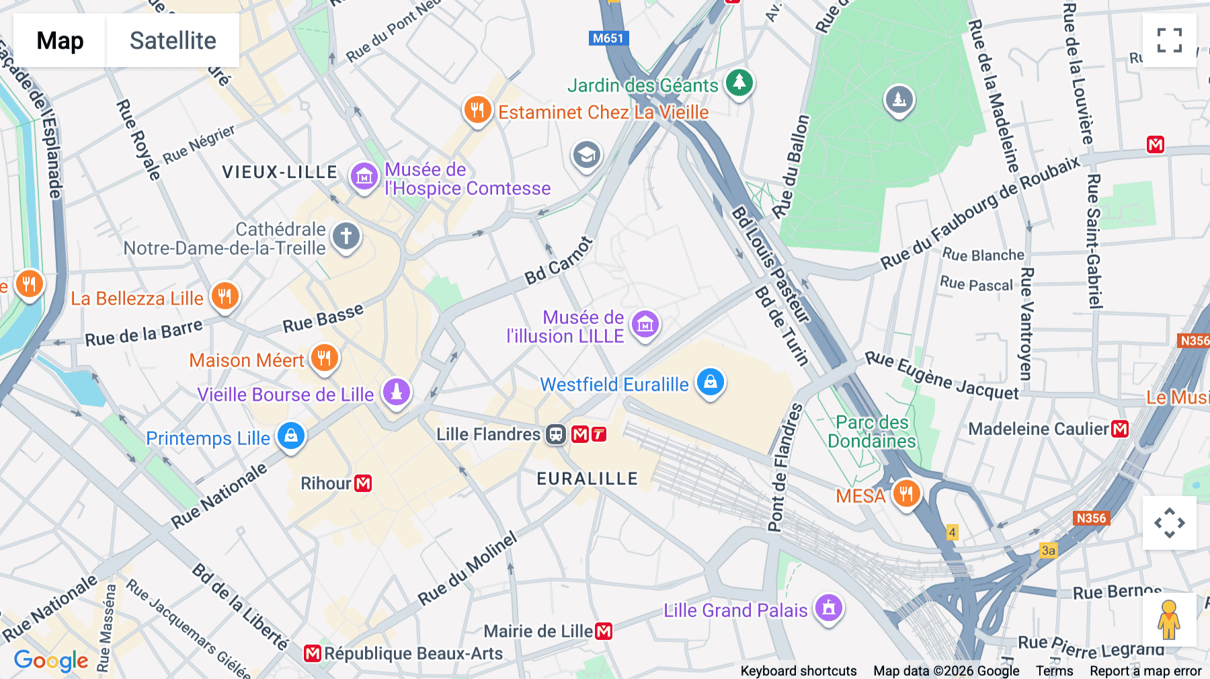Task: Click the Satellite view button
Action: tap(173, 40)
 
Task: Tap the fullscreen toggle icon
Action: tap(1169, 40)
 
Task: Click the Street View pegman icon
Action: tap(1169, 619)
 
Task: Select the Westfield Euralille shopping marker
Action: tap(710, 382)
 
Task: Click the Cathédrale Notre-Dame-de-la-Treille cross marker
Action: tap(346, 236)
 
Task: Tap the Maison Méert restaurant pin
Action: tap(324, 357)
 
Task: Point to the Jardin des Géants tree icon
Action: tap(739, 83)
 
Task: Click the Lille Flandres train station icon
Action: tap(556, 434)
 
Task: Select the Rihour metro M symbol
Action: tap(363, 483)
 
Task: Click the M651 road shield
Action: tap(608, 38)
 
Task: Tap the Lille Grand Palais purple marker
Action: tap(828, 608)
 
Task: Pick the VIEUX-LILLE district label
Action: tap(280, 172)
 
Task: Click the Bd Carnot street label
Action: tap(559, 261)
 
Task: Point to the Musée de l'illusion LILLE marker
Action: tap(645, 325)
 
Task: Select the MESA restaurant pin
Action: tap(905, 494)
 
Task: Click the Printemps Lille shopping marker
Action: tap(290, 436)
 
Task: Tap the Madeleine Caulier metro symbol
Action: tap(1120, 429)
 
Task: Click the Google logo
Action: tap(51, 661)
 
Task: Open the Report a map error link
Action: tap(1145, 671)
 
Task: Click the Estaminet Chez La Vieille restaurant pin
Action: tap(477, 109)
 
